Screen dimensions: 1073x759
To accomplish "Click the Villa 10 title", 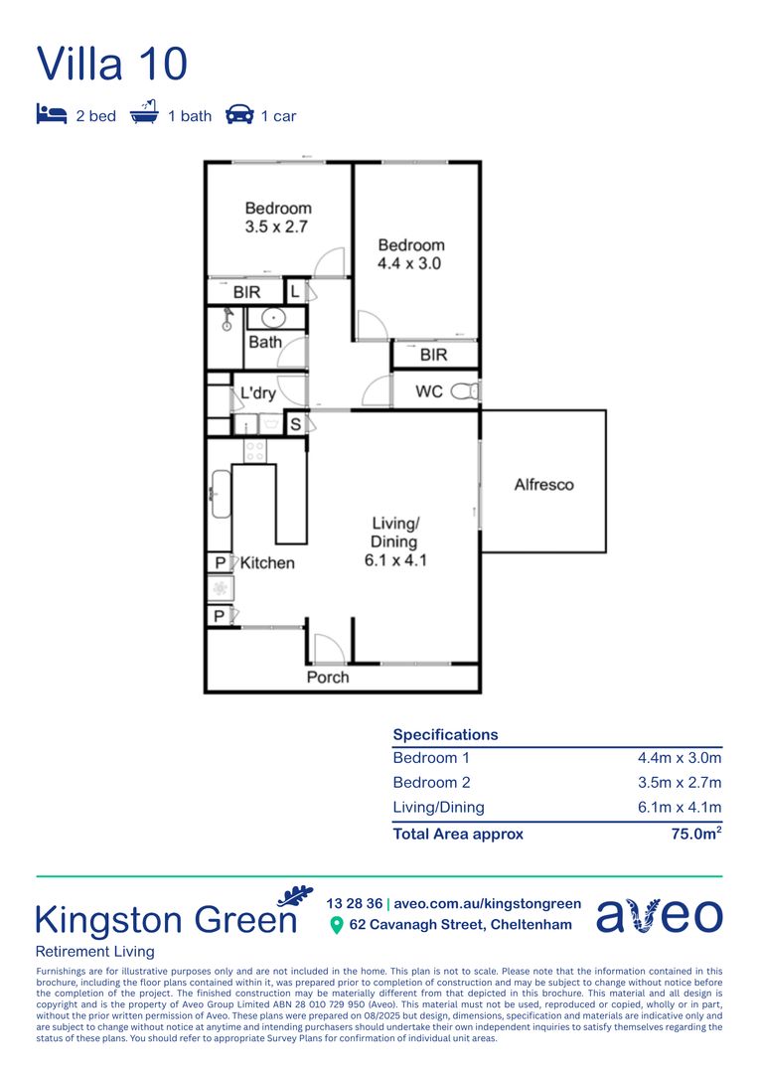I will coord(112,64).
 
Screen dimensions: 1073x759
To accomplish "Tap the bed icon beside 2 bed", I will coord(51,115).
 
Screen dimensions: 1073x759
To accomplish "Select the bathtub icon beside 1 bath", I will coord(145,114).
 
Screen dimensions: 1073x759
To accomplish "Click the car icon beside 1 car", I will coord(239,115).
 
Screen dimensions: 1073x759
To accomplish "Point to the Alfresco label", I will coord(543,485).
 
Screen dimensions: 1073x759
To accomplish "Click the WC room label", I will coord(429,391).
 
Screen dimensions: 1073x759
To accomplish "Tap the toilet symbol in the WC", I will coord(464,391).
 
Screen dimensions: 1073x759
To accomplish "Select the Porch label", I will coord(327,677).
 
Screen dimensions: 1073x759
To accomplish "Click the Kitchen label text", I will coord(267,562).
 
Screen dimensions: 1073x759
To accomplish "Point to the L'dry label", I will coord(258,393).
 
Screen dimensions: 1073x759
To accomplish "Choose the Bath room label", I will coord(265,342).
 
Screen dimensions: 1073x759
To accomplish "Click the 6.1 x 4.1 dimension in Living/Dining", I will coord(395,559).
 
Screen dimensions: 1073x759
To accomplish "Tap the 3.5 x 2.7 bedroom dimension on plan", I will coord(278,227).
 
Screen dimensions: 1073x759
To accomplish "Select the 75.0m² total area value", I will coord(696,834).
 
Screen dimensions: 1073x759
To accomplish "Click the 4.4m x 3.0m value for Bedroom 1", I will coord(680,757).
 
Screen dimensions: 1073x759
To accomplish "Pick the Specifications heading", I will coord(445,734).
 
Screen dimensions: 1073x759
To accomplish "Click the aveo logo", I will coord(659,915).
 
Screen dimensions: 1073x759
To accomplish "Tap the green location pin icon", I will coord(336,925).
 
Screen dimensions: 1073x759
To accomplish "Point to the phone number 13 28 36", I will coord(354,903).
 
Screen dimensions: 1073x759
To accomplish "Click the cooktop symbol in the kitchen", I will coord(255,450).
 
